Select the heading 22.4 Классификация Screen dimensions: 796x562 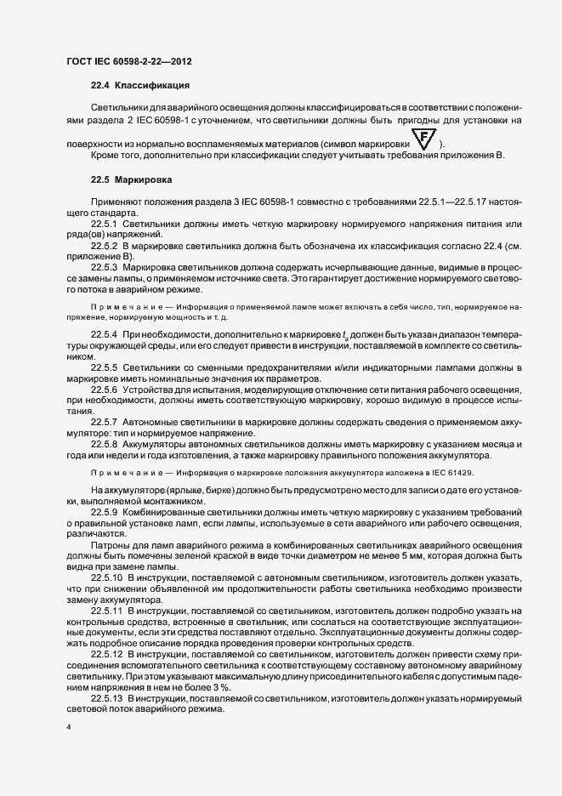139,86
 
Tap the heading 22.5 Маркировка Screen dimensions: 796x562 132,180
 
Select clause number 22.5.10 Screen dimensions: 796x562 107,576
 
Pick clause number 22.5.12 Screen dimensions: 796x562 107,654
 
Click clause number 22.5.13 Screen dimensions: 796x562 107,697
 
